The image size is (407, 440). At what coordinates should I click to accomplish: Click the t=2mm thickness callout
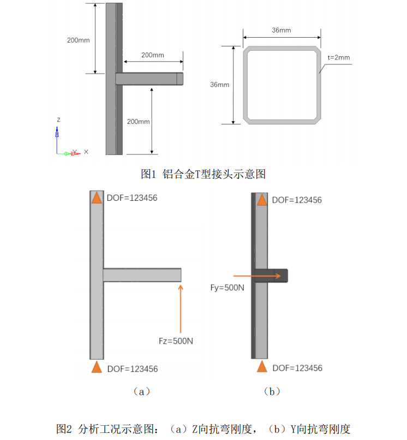pyautogui.click(x=338, y=57)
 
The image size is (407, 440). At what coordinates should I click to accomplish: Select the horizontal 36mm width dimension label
pyautogui.click(x=281, y=30)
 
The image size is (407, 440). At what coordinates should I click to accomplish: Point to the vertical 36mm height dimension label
pyautogui.click(x=219, y=85)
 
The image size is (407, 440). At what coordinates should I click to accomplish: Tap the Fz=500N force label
pyautogui.click(x=173, y=341)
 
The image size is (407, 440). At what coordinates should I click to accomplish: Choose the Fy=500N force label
pyautogui.click(x=227, y=287)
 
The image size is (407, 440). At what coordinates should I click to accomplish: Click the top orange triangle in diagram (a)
pyautogui.click(x=97, y=198)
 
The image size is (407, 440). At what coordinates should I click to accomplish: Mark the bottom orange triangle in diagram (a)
pyautogui.click(x=97, y=367)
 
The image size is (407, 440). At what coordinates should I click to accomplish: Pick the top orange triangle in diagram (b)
pyautogui.click(x=262, y=199)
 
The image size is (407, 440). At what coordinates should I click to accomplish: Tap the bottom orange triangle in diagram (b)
pyautogui.click(x=262, y=366)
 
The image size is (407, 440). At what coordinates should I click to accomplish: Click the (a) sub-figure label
pyautogui.click(x=141, y=391)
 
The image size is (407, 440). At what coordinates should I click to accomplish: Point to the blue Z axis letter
pyautogui.click(x=58, y=119)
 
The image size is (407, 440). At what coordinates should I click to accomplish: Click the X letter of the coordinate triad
pyautogui.click(x=86, y=151)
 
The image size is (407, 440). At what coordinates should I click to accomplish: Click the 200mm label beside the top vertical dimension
pyautogui.click(x=79, y=40)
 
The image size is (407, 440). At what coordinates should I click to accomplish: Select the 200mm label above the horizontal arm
pyautogui.click(x=152, y=55)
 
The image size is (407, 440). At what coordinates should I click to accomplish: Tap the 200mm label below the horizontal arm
pyautogui.click(x=139, y=121)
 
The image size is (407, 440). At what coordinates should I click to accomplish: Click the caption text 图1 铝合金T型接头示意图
pyautogui.click(x=203, y=174)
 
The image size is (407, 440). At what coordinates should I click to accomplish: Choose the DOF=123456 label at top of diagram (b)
pyautogui.click(x=297, y=200)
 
